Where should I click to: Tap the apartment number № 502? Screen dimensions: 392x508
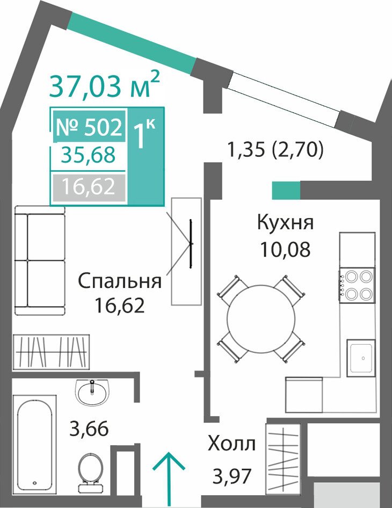click(89, 127)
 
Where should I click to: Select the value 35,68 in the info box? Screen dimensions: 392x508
click(89, 155)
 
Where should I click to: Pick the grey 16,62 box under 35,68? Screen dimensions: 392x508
click(89, 187)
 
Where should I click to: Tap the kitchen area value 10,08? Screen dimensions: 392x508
click(286, 249)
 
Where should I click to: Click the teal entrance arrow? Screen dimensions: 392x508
click(169, 480)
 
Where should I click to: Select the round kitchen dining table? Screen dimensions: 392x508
click(261, 319)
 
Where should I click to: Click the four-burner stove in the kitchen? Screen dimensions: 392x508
click(357, 285)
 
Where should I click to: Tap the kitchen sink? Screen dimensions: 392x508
click(361, 358)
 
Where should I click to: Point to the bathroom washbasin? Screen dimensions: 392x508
click(92, 392)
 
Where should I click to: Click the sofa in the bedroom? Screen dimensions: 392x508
click(40, 260)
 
